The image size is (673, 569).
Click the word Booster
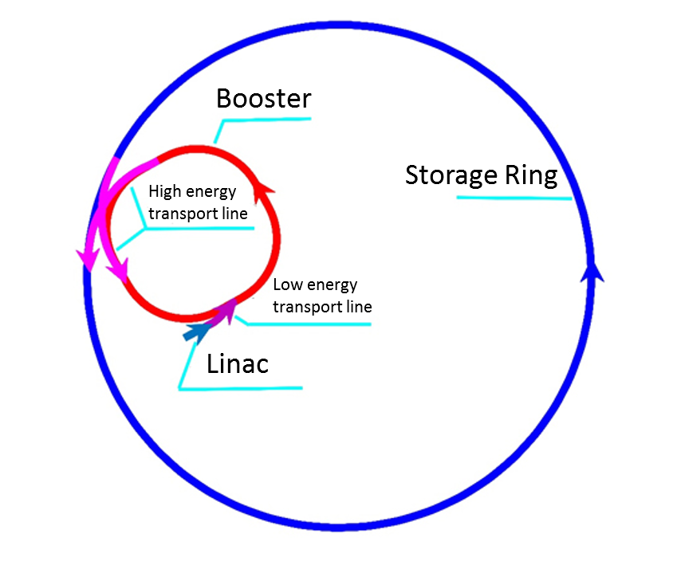point(263,99)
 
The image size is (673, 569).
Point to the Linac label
point(238,364)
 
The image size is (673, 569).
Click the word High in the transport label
point(165,192)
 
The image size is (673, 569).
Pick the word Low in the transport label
point(286,285)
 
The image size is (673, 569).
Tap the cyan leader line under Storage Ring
point(514,197)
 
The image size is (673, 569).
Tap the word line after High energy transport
point(232,214)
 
